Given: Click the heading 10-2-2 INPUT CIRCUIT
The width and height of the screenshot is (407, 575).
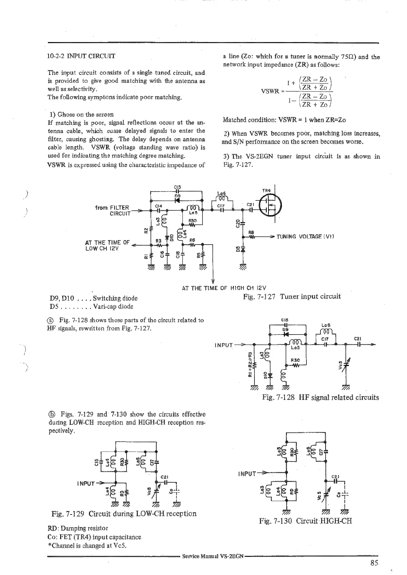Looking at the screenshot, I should [81, 56].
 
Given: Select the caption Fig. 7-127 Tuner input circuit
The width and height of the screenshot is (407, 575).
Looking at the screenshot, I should [292, 296].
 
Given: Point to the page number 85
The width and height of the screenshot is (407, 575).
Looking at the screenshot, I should [374, 563].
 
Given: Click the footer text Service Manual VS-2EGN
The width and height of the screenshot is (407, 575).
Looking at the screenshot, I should [213, 556].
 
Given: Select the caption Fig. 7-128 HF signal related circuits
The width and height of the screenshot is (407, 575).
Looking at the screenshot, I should [320, 397].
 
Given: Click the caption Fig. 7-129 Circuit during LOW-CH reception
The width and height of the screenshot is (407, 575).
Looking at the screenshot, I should [124, 513].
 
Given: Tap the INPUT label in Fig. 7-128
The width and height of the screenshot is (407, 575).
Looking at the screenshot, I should [224, 345].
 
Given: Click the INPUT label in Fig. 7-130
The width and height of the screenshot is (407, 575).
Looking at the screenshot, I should [247, 474].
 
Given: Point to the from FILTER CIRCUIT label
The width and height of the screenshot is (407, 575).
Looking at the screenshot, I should [113, 210].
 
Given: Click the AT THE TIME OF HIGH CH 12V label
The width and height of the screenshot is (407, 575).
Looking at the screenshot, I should [224, 288].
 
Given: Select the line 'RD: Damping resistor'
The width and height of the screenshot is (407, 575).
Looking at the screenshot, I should [78, 528].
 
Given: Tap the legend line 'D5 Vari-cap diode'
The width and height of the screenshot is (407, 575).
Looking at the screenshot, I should [91, 306].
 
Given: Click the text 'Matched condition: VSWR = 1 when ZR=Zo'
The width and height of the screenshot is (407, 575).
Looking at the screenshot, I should [284, 120].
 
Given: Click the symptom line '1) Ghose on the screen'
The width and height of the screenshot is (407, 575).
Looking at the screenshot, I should [81, 114].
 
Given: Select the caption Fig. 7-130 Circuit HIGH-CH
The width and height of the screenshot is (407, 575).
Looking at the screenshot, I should [305, 521].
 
